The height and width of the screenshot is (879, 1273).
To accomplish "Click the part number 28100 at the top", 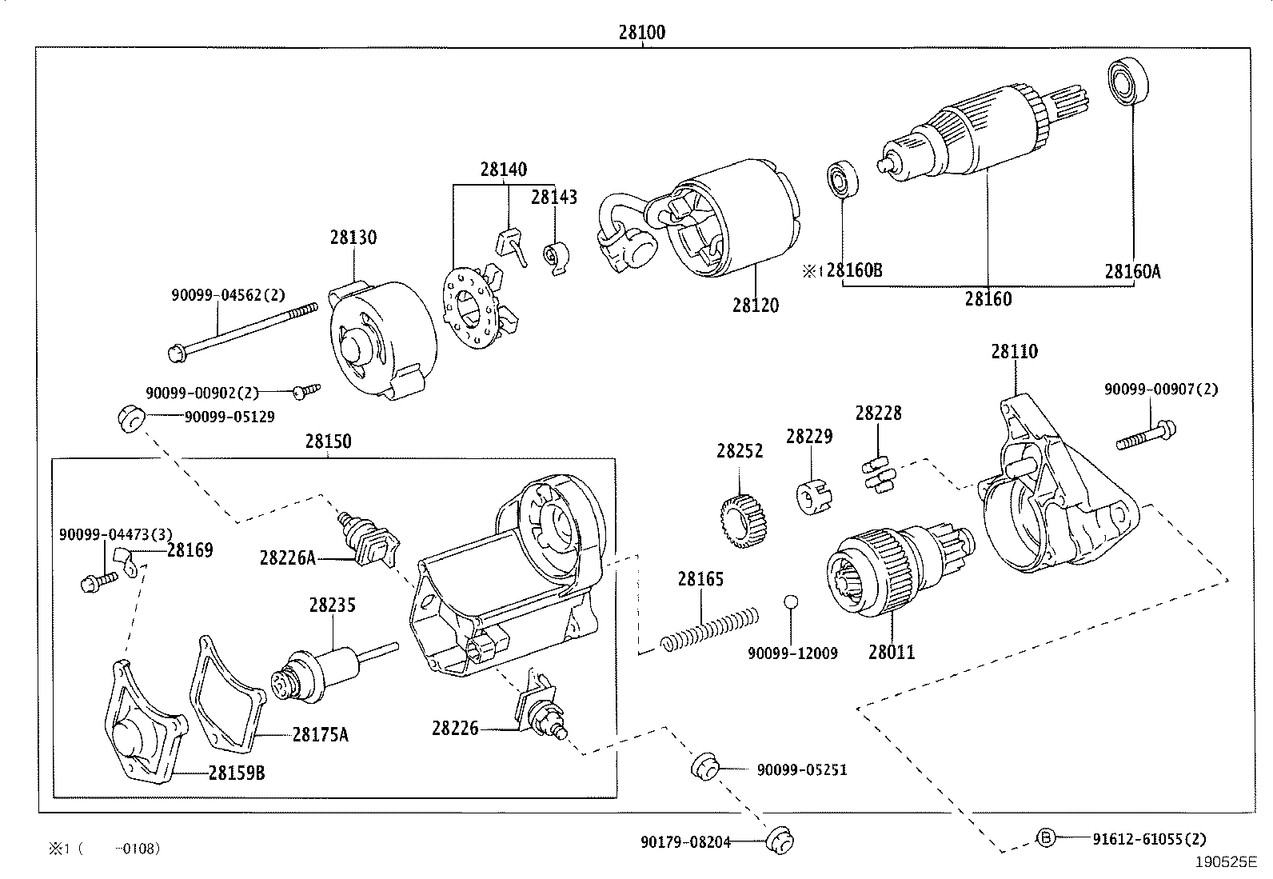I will click(x=641, y=33).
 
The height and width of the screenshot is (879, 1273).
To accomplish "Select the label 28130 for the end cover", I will click(x=353, y=238).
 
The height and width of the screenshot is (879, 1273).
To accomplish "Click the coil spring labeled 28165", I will click(x=709, y=629).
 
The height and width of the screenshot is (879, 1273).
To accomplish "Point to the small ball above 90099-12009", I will click(x=790, y=602).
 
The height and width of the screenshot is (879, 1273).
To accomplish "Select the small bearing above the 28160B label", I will click(x=841, y=181).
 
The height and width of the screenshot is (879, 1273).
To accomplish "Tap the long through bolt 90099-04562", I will click(x=240, y=329).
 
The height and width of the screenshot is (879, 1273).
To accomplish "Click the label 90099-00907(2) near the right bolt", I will click(x=1161, y=390).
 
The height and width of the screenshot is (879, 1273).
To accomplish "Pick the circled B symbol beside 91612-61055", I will click(x=1046, y=837).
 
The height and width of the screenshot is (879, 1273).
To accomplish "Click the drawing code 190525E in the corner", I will click(x=1227, y=862).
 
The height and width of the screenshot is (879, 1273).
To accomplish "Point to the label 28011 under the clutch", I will click(x=891, y=652).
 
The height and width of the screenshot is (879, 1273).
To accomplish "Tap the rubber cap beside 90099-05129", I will click(x=130, y=418).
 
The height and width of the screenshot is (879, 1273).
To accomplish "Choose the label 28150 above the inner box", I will click(x=328, y=441).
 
